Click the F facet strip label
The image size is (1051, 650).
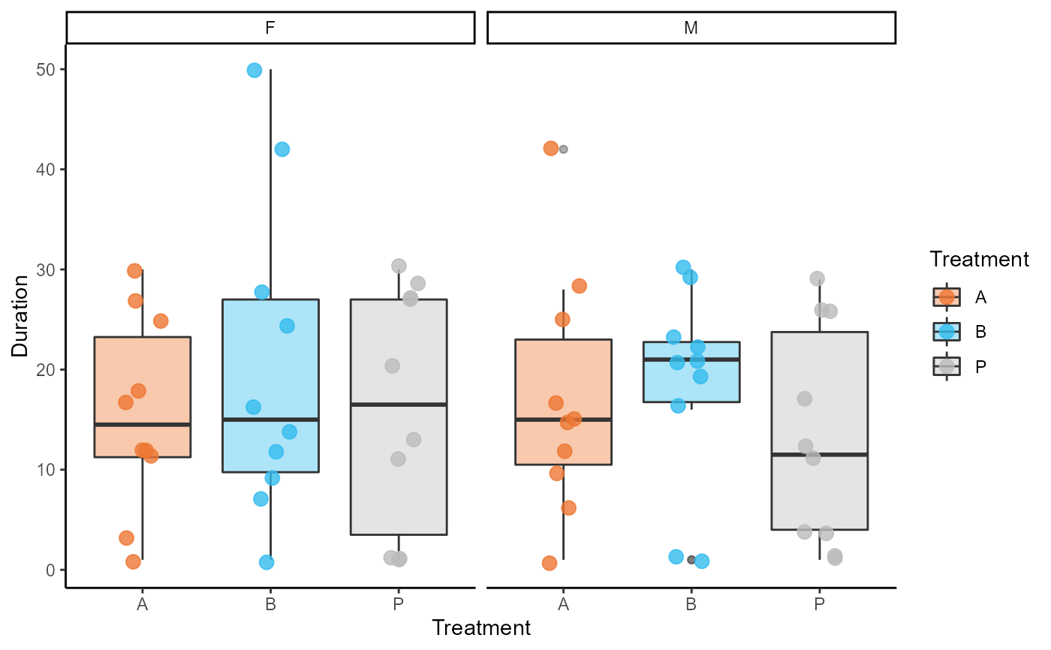270,29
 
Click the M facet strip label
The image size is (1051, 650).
691,29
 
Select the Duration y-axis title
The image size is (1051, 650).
20,315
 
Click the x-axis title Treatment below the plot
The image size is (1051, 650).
481,627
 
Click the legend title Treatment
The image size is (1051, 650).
979,260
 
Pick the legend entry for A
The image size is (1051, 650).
947,297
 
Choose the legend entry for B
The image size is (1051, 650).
947,332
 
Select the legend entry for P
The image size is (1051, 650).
947,366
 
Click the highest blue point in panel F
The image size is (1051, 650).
254,71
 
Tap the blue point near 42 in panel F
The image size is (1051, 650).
282,149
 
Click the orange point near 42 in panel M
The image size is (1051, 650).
551,149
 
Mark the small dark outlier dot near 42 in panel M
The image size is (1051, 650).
564,149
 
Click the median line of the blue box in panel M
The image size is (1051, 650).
691,360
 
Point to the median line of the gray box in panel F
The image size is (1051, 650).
399,405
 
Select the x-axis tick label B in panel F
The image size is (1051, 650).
270,603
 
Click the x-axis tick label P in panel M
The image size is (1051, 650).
819,603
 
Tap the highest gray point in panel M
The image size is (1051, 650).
818,278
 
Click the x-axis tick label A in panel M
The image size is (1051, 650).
564,603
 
